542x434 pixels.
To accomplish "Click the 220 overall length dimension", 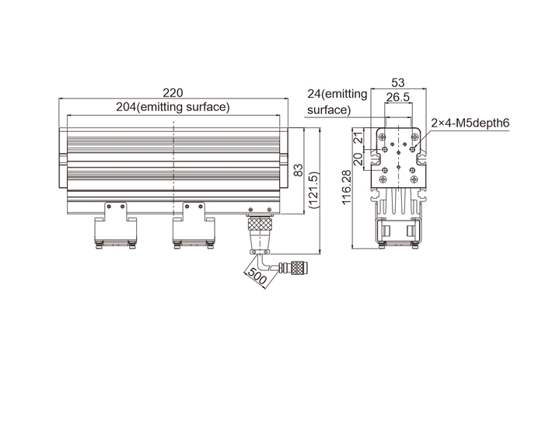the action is pyautogui.click(x=173, y=93).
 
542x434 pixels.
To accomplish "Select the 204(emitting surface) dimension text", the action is pyautogui.click(x=173, y=107).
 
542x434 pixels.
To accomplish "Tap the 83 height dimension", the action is pyautogui.click(x=298, y=170).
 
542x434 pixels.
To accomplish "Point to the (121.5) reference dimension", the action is pyautogui.click(x=314, y=190).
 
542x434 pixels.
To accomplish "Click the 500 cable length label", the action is pyautogui.click(x=257, y=276).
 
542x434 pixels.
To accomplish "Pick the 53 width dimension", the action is pyautogui.click(x=398, y=83).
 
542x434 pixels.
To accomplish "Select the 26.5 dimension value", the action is pyautogui.click(x=398, y=97).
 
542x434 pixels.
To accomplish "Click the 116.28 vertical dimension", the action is pyautogui.click(x=346, y=187).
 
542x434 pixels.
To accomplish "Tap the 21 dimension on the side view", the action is pyautogui.click(x=359, y=137).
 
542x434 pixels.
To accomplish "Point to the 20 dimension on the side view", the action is pyautogui.click(x=358, y=159).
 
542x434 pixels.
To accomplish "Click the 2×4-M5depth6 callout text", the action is pyautogui.click(x=470, y=123).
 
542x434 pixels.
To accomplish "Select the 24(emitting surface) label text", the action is pyautogui.click(x=337, y=102).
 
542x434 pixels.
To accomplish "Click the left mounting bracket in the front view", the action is pyautogui.click(x=116, y=225).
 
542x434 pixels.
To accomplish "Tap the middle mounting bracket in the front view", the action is pyautogui.click(x=194, y=225).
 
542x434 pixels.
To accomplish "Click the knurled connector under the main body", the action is pyautogui.click(x=260, y=225).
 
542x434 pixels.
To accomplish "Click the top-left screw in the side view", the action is pyautogui.click(x=382, y=137).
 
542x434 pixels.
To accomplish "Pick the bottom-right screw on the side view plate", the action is pyautogui.click(x=414, y=179).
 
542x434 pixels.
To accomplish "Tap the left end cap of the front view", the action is pyautogui.click(x=62, y=158).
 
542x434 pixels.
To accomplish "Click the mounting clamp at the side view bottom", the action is pyautogui.click(x=398, y=233).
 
